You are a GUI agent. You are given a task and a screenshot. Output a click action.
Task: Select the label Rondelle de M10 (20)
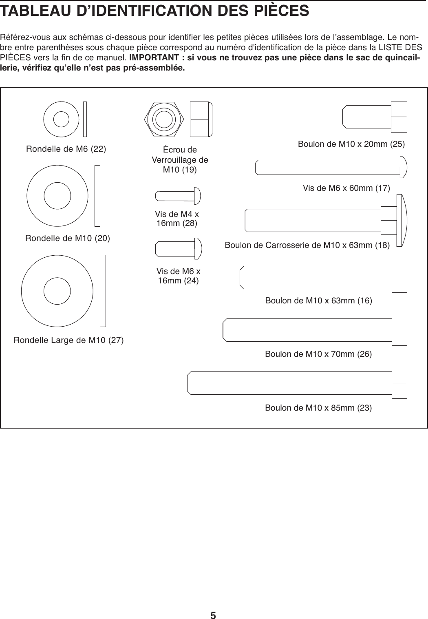[68, 238]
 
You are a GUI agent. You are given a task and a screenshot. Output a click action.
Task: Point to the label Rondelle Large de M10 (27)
[69, 340]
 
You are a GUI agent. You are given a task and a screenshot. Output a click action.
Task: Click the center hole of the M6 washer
[61, 119]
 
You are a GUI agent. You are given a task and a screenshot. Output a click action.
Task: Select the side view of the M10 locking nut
[201, 119]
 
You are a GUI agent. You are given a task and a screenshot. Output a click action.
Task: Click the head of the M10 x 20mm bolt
[399, 117]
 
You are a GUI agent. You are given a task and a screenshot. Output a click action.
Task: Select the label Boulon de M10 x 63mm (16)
[318, 301]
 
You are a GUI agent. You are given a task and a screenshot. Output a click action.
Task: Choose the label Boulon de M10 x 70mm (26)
[318, 354]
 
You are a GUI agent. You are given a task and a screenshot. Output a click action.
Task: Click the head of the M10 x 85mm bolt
[399, 383]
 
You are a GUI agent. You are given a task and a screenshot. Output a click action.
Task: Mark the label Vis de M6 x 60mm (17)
[346, 188]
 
